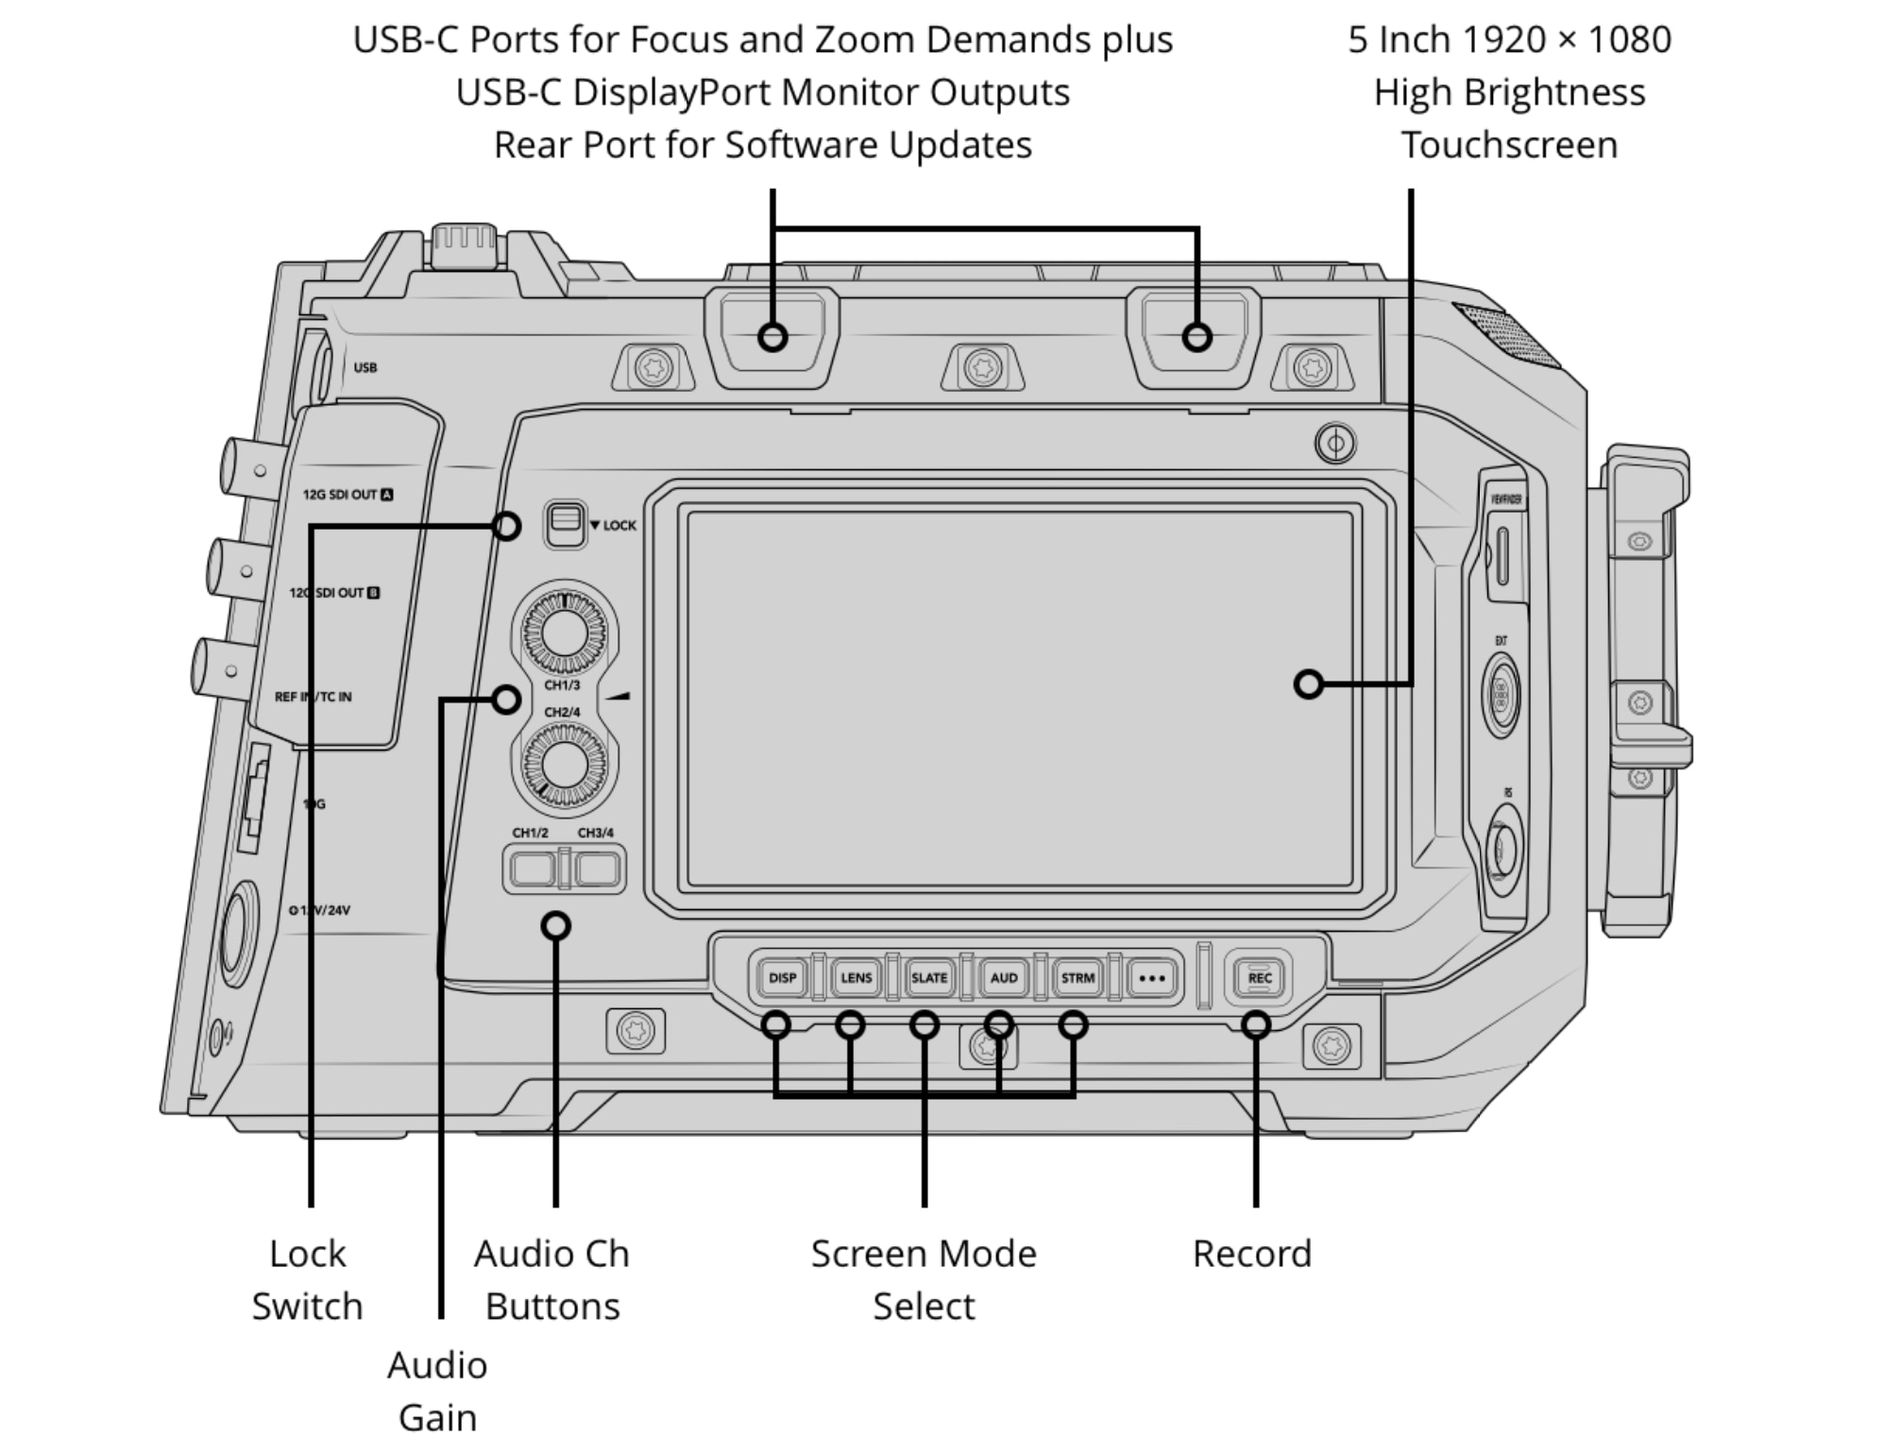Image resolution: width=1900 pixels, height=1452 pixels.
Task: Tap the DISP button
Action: pyautogui.click(x=782, y=978)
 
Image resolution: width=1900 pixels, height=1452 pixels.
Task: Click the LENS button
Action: pyautogui.click(x=856, y=978)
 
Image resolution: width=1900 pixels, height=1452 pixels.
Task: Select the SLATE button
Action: pyautogui.click(x=929, y=978)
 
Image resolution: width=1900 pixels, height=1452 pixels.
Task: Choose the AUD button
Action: pyautogui.click(x=1003, y=978)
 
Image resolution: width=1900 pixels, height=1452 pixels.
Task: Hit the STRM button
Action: pyautogui.click(x=1077, y=978)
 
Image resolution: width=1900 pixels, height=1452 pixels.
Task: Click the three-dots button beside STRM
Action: pyautogui.click(x=1152, y=978)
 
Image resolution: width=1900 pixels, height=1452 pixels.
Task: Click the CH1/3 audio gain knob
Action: pyautogui.click(x=565, y=630)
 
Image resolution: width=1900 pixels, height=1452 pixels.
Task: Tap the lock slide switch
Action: pyautogui.click(x=565, y=525)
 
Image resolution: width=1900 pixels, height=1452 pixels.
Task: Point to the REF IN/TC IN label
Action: pyautogui.click(x=313, y=697)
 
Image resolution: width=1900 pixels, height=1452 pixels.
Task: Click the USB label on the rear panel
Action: pyautogui.click(x=365, y=367)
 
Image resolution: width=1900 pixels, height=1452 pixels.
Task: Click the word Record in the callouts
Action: pyautogui.click(x=1251, y=1254)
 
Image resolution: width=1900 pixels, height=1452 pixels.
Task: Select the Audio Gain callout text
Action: pyautogui.click(x=437, y=1391)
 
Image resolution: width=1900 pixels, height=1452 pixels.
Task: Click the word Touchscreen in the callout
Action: pyautogui.click(x=1508, y=144)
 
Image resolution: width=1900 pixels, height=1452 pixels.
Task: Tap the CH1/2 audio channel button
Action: pyautogui.click(x=533, y=869)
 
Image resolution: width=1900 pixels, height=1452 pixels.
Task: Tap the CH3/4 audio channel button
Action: pyautogui.click(x=597, y=869)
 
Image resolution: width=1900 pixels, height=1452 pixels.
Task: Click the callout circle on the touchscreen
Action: pyautogui.click(x=1308, y=684)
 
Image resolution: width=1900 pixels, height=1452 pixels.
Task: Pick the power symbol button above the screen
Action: pyautogui.click(x=1335, y=443)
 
